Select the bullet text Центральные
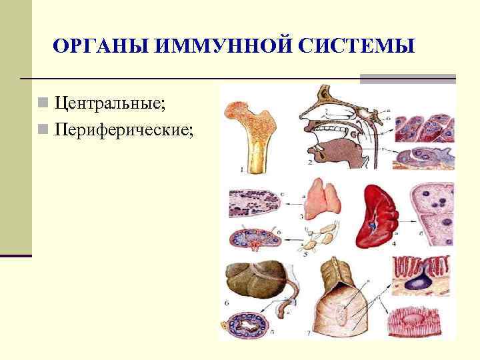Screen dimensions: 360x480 [x=110, y=103]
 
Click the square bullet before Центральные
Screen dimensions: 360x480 [x=42, y=104]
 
